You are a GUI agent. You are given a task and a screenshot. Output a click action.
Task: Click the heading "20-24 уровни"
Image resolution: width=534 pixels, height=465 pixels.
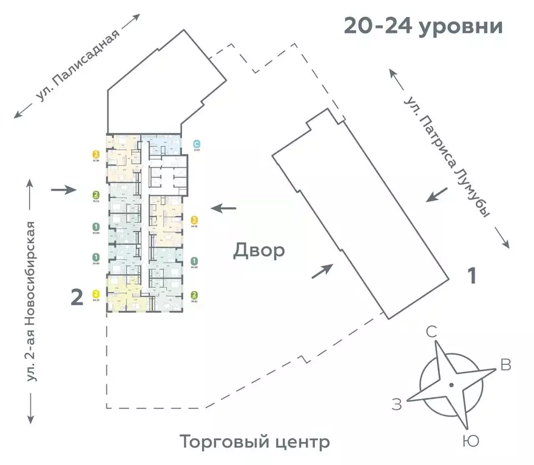coord(423,27)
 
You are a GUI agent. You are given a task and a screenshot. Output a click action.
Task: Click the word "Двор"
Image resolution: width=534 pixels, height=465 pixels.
coord(259,250)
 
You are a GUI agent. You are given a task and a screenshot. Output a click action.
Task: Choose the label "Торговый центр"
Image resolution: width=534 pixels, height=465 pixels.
coord(254,442)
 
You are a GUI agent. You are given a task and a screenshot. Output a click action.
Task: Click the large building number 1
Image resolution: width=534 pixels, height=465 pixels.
coord(471,276)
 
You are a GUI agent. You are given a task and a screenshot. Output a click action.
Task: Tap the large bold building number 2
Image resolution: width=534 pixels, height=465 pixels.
coord(77,298)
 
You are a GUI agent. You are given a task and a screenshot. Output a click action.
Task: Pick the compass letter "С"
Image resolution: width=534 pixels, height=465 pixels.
coord(432,332)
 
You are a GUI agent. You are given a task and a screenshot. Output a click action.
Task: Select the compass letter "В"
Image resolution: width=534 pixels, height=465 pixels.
coord(505,365)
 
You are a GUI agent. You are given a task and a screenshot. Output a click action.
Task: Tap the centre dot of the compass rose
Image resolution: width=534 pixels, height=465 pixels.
coord(451,385)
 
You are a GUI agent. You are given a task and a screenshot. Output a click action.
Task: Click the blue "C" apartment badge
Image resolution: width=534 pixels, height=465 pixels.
coord(196,144)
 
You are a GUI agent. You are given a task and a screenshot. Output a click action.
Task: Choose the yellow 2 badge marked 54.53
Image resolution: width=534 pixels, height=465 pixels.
coord(96,293)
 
